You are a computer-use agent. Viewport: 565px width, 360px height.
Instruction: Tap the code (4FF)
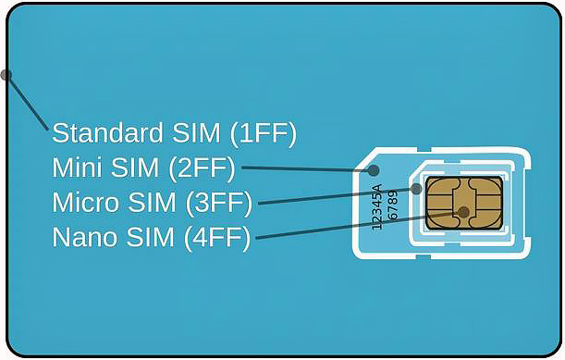coord(219,237)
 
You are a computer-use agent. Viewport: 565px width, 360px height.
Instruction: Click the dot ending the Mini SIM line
coord(375,170)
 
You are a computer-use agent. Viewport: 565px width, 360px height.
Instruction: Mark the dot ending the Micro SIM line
coord(417,189)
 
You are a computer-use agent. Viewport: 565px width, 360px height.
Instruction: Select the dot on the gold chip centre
coord(463,213)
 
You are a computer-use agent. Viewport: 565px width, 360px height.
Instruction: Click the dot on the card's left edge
coord(6,73)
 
